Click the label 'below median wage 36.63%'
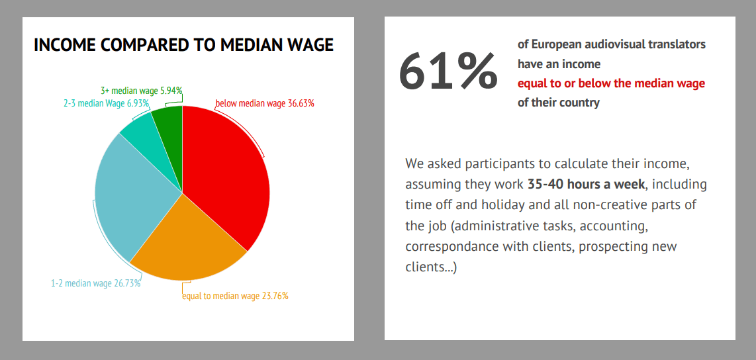tap(264, 103)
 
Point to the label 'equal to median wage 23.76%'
tap(235, 296)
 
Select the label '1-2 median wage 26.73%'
tap(95, 283)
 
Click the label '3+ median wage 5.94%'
tap(142, 90)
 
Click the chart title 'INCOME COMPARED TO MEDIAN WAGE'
tap(183, 45)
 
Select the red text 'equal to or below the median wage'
tap(611, 83)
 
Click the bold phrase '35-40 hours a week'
tap(586, 184)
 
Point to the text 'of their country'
tap(558, 103)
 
